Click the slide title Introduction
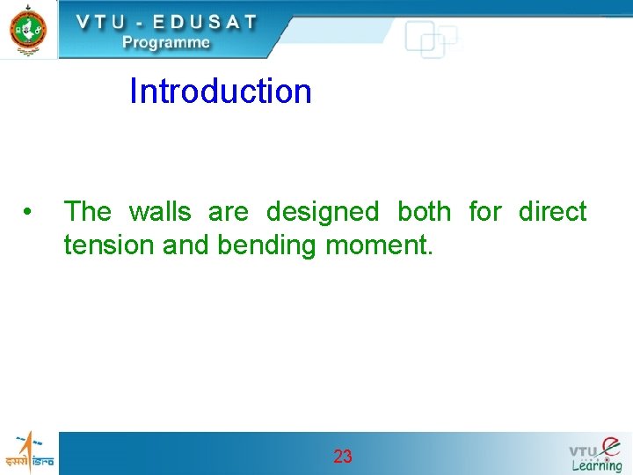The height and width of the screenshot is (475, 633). pos(220,91)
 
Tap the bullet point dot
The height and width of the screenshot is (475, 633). pos(29,212)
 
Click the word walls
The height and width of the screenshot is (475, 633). pos(159,212)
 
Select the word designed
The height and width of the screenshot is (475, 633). pos(322,213)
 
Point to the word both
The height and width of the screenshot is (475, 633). pos(424,212)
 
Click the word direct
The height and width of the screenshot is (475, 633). pos(552,212)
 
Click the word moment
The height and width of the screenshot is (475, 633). pos(379,245)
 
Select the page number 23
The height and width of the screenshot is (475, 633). pos(343,457)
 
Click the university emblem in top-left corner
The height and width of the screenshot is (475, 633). pos(28,29)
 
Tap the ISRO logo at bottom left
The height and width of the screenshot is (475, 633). pos(28,452)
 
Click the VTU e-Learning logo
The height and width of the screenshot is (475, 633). pos(595,454)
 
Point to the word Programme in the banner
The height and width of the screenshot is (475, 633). pos(166,42)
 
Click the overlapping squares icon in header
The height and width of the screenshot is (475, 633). pos(431,40)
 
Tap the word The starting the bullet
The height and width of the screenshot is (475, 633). pos(87,212)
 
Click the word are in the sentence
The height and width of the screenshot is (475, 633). pos(228,212)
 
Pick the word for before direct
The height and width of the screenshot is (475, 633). pos(484,212)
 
